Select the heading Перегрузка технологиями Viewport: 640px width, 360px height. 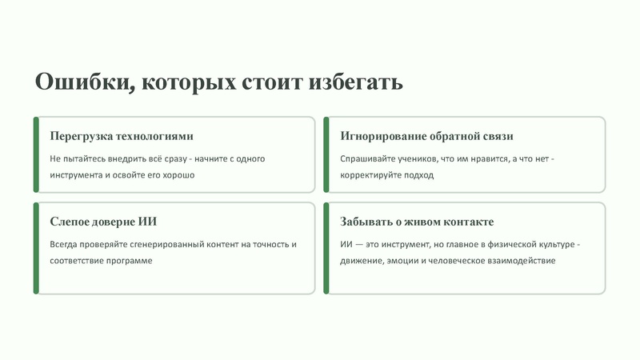coord(122,136)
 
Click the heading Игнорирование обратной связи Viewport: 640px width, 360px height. coord(426,136)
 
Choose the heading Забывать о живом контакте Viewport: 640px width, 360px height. coord(417,222)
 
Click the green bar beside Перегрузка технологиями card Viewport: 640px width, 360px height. coord(36,154)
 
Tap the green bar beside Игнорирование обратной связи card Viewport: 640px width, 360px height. coord(326,154)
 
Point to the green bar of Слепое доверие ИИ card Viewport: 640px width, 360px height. coord(36,248)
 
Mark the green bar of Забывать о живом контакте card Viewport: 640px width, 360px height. coord(326,248)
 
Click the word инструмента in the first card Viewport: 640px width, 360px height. coord(76,174)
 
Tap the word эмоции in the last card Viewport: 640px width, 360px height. coord(405,260)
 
